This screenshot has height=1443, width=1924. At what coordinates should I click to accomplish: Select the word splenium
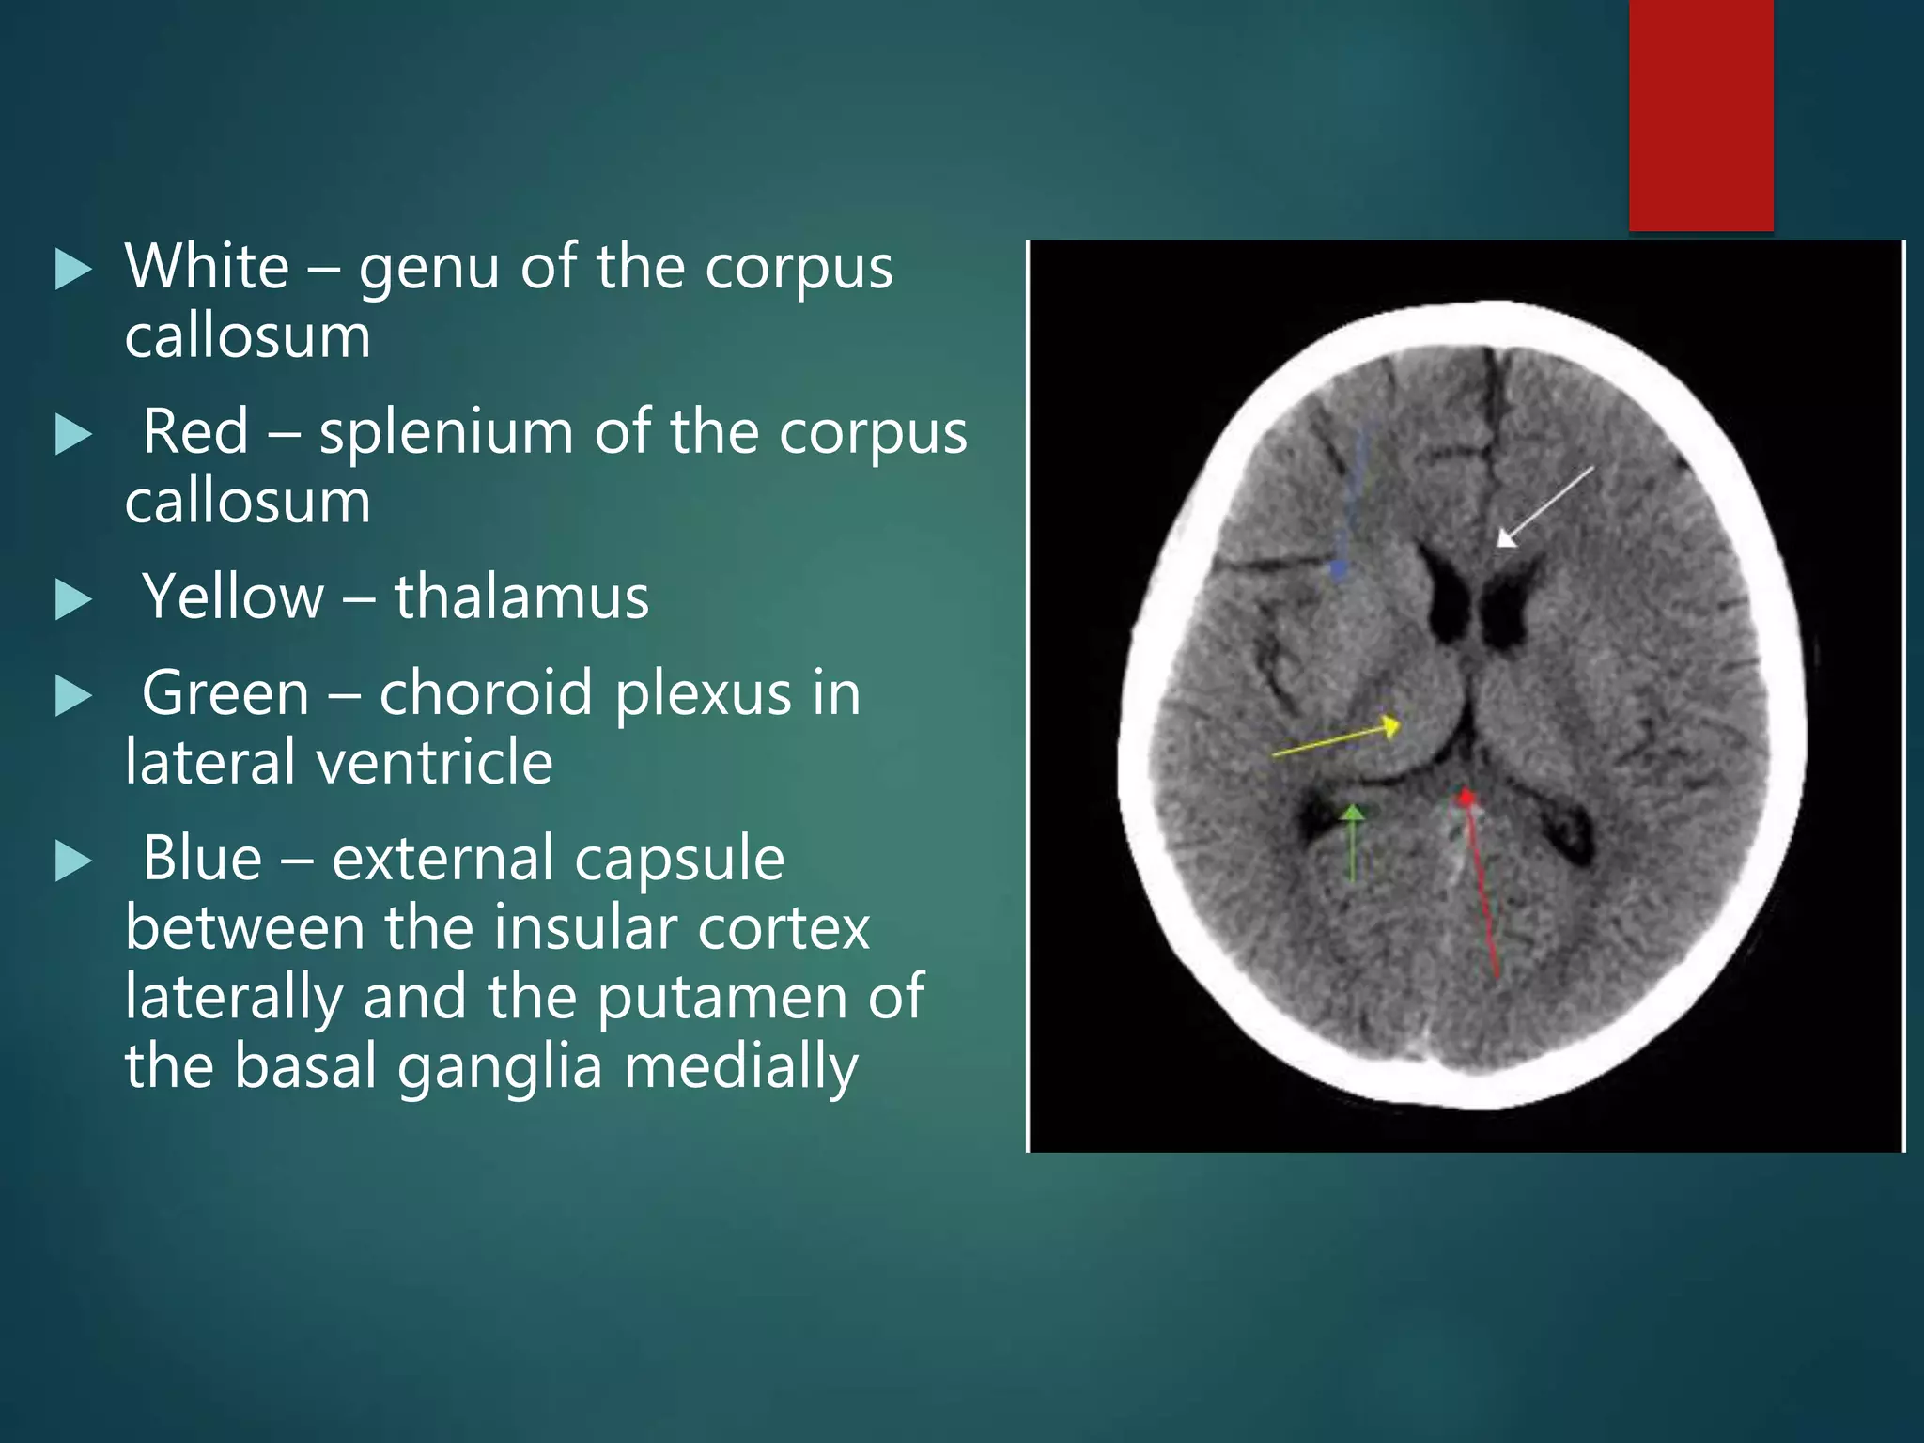pyautogui.click(x=445, y=434)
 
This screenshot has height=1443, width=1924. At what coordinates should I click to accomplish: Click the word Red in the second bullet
pyautogui.click(x=195, y=432)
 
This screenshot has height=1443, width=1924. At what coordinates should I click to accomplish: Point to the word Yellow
pyautogui.click(x=233, y=597)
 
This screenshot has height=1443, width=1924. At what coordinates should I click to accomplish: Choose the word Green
pyautogui.click(x=225, y=694)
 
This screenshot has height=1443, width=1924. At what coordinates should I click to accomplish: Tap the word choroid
pyautogui.click(x=486, y=693)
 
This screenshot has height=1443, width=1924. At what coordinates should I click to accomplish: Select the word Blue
pyautogui.click(x=202, y=858)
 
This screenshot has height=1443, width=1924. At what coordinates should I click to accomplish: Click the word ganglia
pyautogui.click(x=499, y=1067)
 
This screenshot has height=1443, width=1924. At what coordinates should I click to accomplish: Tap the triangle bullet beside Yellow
pyautogui.click(x=73, y=599)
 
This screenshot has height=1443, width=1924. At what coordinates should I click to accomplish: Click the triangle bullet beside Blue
pyautogui.click(x=73, y=861)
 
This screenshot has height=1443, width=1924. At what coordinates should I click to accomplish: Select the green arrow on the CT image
pyautogui.click(x=1352, y=842)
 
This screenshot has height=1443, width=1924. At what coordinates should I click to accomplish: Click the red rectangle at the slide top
pyautogui.click(x=1700, y=115)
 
